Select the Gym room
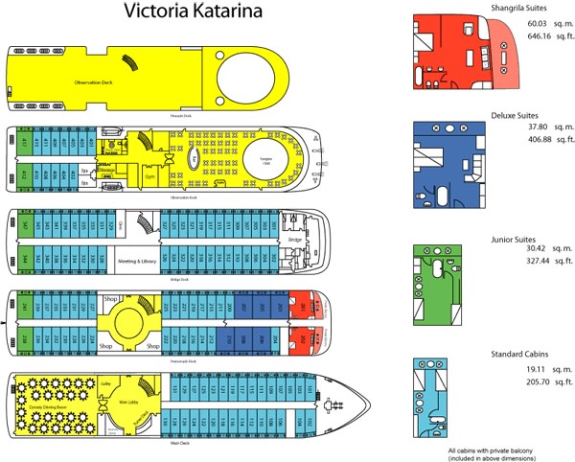pyautogui.click(x=149, y=176)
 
